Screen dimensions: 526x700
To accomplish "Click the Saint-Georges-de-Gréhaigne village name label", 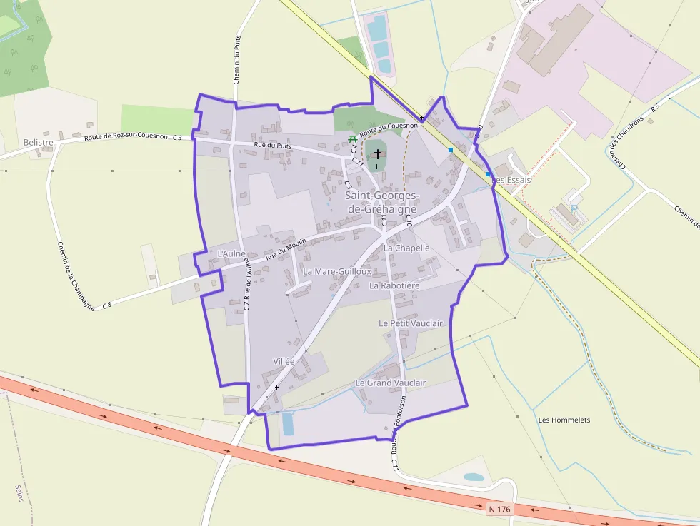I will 382,202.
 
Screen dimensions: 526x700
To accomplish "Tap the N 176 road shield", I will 501,509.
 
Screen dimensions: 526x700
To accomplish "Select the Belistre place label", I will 39,143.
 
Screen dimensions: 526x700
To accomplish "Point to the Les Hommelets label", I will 564,420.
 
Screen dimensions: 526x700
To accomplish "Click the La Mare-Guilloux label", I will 337,272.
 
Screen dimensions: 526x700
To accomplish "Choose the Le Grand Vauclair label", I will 390,383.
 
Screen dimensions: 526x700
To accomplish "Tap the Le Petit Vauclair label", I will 411,323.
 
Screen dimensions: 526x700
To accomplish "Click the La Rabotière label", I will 394,285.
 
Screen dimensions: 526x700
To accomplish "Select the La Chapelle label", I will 406,248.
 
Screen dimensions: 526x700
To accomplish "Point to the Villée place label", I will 284,362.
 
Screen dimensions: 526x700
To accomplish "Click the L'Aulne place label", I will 231,253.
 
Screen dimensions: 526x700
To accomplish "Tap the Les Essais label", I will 512,180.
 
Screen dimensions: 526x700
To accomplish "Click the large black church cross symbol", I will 377,153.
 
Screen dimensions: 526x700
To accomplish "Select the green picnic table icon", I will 351,138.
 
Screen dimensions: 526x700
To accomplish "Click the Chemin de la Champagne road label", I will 76,275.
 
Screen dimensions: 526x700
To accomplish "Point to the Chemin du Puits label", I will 237,60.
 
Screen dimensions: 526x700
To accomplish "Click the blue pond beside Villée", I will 288,423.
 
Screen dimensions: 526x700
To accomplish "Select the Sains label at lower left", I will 19,493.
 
